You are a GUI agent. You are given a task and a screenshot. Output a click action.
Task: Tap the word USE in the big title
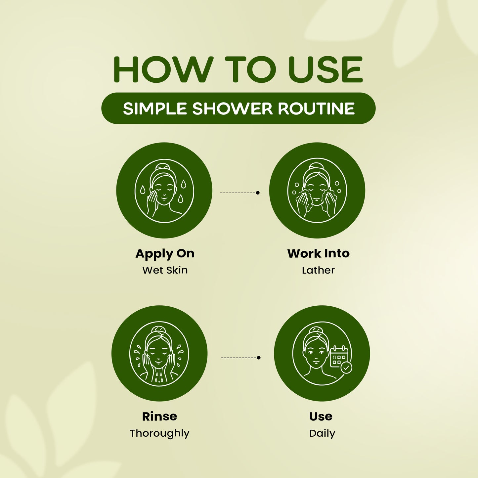coord(326,69)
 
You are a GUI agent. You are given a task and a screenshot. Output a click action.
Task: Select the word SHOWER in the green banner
coord(233,109)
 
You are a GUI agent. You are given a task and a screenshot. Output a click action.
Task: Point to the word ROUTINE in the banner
coord(316,109)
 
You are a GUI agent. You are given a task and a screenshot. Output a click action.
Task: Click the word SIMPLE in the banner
coord(155,109)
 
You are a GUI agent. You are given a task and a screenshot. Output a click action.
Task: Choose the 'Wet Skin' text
coord(165,270)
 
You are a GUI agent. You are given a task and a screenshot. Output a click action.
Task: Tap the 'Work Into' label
coord(319,253)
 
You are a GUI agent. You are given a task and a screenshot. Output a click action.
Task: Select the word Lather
coord(318,270)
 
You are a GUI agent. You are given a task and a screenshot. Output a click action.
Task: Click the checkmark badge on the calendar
coord(346,368)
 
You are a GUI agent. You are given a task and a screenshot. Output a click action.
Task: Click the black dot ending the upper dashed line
coord(258,193)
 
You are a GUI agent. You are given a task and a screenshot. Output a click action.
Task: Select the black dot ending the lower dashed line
coord(259,358)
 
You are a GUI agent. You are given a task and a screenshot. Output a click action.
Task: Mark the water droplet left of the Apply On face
coord(143,190)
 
